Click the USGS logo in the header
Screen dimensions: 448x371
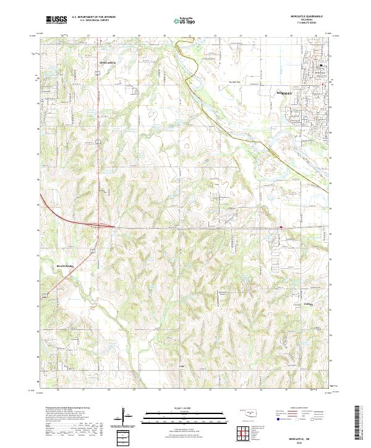(x=56, y=20)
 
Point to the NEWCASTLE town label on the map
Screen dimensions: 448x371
(x=107, y=63)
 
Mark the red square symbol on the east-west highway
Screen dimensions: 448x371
(x=281, y=227)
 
